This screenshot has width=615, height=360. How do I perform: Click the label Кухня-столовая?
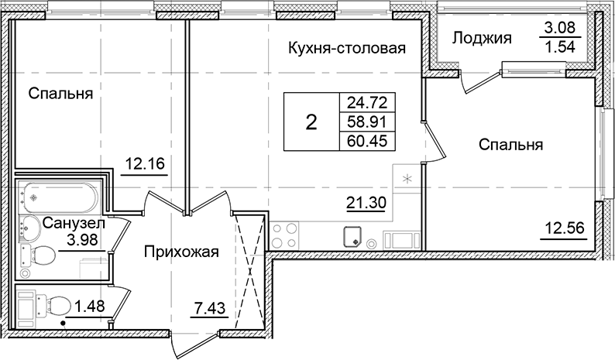click(x=348, y=49)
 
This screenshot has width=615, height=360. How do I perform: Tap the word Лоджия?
click(x=481, y=38)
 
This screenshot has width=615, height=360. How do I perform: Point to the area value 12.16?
click(x=144, y=163)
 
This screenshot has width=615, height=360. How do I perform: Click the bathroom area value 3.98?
click(x=81, y=238)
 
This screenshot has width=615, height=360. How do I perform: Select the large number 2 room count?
click(x=311, y=122)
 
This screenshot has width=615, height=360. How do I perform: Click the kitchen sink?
click(x=353, y=236)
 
